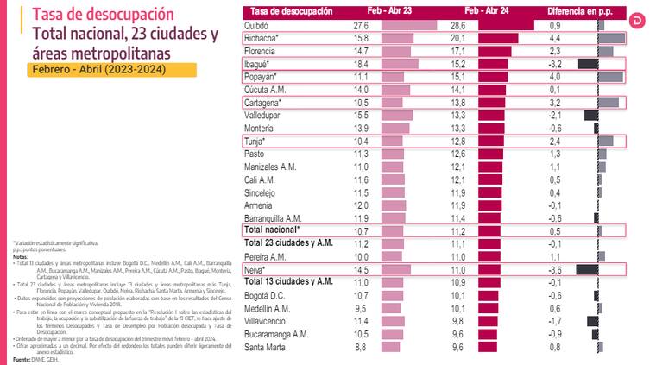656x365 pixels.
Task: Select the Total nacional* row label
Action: pyautogui.click(x=271, y=230)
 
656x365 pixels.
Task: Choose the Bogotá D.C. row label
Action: pyautogui.click(x=268, y=295)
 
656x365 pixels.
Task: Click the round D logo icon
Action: pyautogui.click(x=643, y=19)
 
